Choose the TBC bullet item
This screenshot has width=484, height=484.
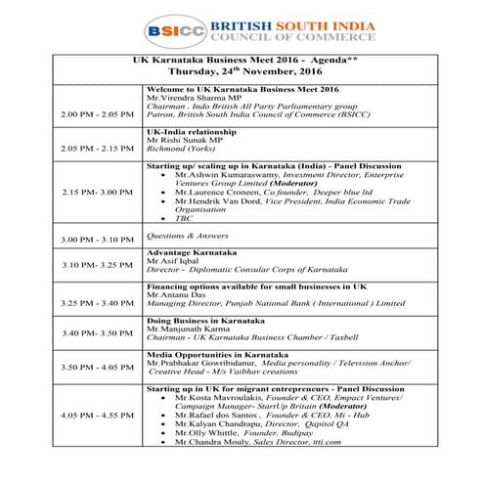183,218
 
